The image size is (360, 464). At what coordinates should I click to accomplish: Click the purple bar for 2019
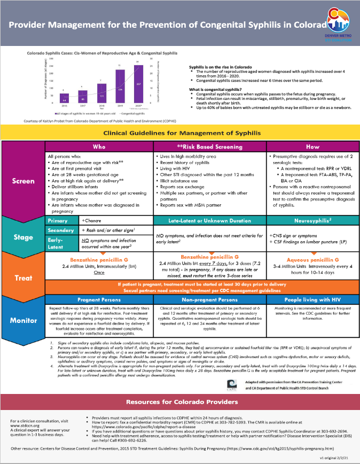tap(120, 87)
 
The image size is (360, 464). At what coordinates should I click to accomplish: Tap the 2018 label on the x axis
tap(101, 106)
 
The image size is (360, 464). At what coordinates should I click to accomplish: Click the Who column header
tap(99, 145)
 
